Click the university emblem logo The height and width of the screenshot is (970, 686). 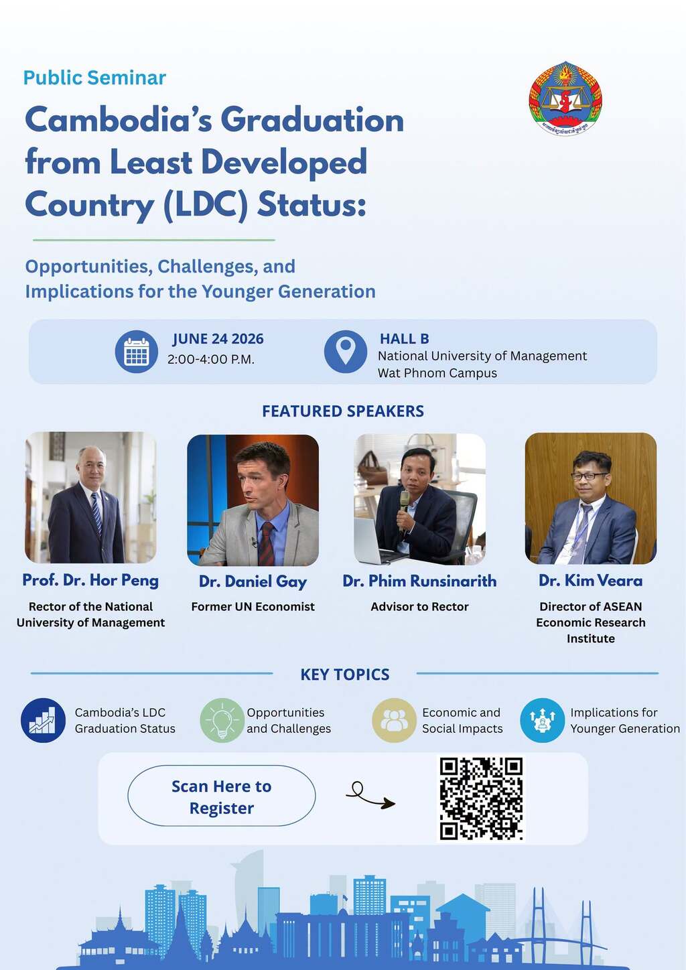point(565,98)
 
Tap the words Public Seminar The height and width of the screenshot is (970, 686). point(94,78)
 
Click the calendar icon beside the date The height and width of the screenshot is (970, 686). point(137,352)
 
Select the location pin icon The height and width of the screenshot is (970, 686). point(346,352)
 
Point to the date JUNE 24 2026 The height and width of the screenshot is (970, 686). point(218,339)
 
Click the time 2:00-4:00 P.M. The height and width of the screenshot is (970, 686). point(211,360)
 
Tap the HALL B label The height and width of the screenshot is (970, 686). point(405,339)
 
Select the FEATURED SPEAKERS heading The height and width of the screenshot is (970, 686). point(343,411)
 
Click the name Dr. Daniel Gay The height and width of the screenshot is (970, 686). point(253,581)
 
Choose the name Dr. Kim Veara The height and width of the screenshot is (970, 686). point(591,581)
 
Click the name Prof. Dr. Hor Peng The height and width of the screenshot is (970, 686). point(90,581)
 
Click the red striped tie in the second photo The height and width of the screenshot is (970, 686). point(266,543)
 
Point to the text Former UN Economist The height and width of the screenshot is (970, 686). point(253,607)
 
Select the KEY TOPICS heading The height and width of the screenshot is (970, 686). point(345,675)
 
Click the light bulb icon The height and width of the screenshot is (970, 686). point(222,720)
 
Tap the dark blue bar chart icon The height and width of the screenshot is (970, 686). point(44,720)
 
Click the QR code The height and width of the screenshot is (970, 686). point(481,799)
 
